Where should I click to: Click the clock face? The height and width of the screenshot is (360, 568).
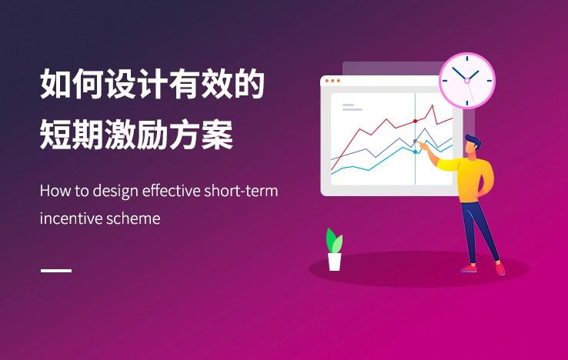click(x=467, y=81)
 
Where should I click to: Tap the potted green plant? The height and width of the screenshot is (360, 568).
click(x=334, y=249)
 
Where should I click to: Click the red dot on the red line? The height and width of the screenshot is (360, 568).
click(x=415, y=121)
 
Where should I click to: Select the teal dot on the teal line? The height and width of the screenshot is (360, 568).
click(x=415, y=152)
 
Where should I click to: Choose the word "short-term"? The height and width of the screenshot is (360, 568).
click(x=241, y=191)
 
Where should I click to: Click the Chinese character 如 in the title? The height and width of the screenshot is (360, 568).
click(x=55, y=84)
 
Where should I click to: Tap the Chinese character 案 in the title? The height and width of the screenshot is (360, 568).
click(x=217, y=135)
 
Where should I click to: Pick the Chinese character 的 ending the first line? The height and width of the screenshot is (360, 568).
click(x=249, y=84)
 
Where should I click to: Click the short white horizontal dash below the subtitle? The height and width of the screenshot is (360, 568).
click(x=56, y=270)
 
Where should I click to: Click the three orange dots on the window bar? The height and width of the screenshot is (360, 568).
click(x=332, y=81)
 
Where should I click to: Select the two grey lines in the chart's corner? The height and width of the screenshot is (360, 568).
click(x=352, y=107)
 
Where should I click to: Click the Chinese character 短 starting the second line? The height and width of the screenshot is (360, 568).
click(x=55, y=135)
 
